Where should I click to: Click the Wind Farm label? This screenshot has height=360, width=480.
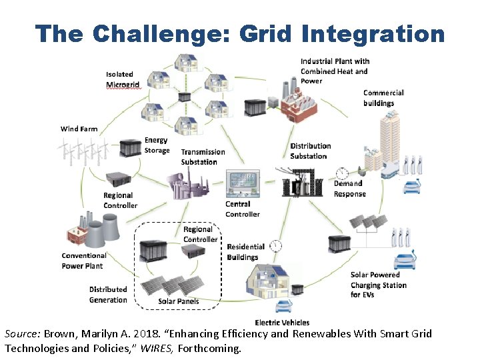pos(79,129)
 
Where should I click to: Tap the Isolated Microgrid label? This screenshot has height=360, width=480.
pos(122,79)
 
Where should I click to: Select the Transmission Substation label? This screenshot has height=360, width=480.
pos(203,157)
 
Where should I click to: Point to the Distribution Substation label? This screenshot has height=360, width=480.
pos(310,151)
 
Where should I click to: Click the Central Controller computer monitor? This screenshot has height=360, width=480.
pos(243,182)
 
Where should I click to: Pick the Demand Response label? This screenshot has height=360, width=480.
pos(349,189)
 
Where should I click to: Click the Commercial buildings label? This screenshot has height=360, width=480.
pos(383,98)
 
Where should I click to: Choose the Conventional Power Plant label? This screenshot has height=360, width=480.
pos(84,261)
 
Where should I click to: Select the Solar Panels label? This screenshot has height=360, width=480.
pos(178,301)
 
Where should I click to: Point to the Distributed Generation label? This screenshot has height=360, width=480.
pos(108,295)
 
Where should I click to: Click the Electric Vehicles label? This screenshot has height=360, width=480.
pos(282,323)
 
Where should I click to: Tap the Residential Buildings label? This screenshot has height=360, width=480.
pos(245,252)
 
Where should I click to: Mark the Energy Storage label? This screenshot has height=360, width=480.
pos(157,145)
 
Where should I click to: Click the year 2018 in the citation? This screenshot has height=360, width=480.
pos(157,334)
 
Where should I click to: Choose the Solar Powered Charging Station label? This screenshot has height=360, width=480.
pos(378,285)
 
